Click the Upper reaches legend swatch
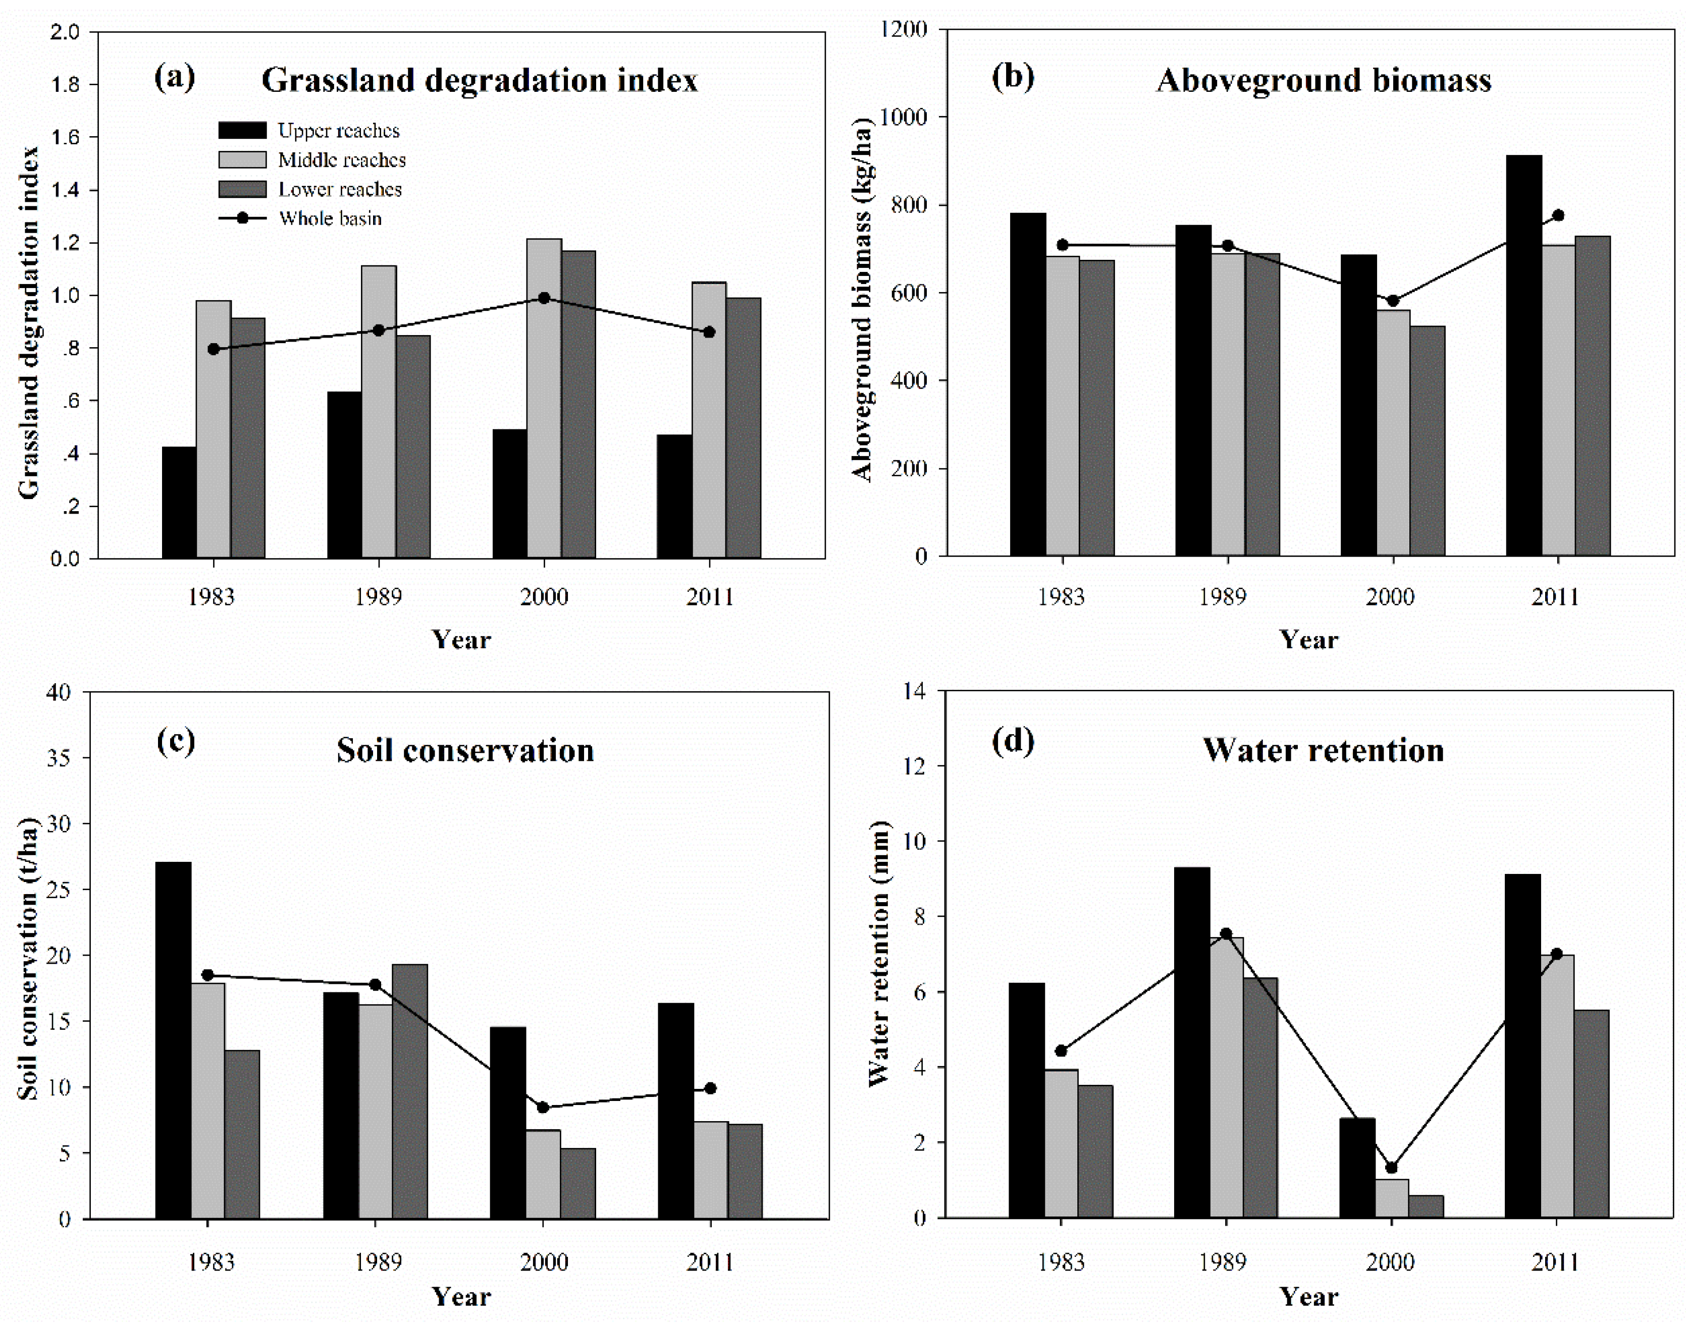(242, 130)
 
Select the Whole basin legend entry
(330, 219)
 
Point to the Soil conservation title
(465, 750)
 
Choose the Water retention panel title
(1323, 750)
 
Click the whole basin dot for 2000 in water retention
(1391, 1168)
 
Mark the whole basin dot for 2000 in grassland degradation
(544, 298)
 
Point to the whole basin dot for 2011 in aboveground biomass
(1557, 215)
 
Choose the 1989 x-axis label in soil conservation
(379, 1262)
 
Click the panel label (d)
(1013, 741)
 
